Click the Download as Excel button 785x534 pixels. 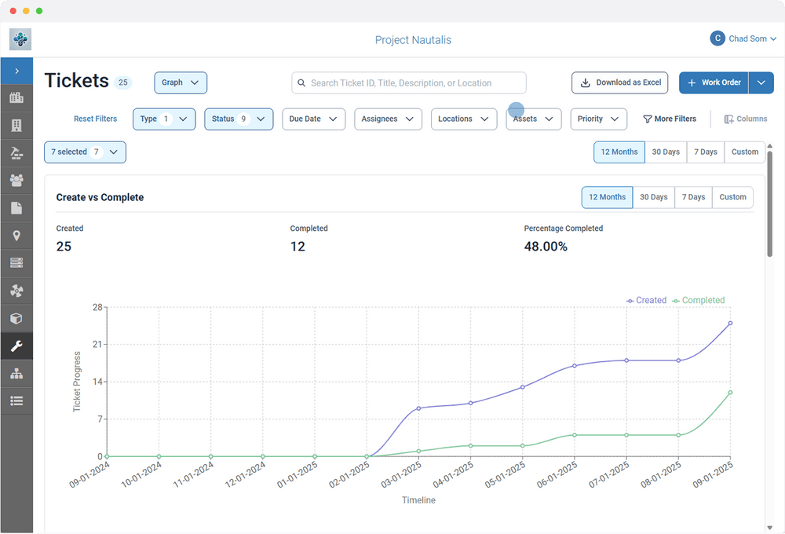click(619, 82)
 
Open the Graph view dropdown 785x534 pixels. click(181, 82)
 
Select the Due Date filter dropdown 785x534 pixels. click(313, 119)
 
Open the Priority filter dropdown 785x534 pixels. click(598, 119)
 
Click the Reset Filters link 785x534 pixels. click(95, 119)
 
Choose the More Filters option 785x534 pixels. click(670, 119)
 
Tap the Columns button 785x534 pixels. click(745, 119)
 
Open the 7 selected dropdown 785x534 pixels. click(85, 152)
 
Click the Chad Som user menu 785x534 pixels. click(743, 38)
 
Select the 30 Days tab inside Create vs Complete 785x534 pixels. click(653, 197)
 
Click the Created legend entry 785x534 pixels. click(646, 301)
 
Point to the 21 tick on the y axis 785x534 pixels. click(98, 345)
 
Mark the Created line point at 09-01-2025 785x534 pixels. click(730, 323)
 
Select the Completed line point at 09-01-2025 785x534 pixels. click(730, 393)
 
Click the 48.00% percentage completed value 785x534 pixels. click(546, 247)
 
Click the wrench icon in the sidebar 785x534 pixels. click(16, 346)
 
